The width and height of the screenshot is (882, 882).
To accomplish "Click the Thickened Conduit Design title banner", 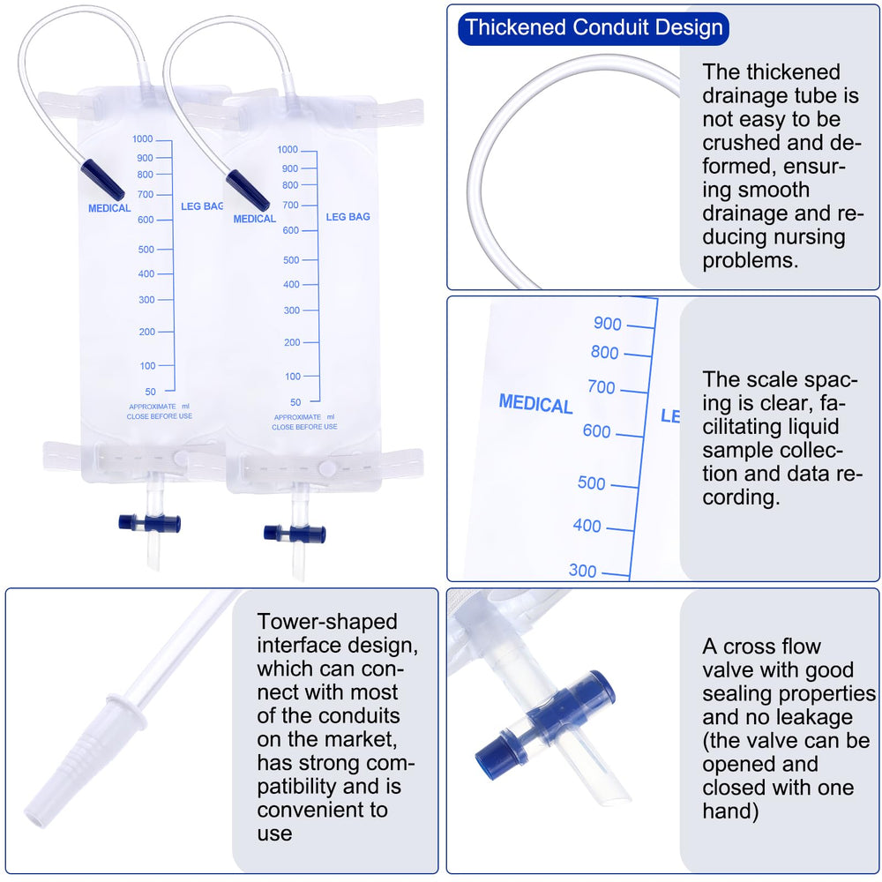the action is click(593, 28).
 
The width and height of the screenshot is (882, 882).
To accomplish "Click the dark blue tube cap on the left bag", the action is click(102, 179).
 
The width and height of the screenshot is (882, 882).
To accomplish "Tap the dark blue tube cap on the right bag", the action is click(248, 191).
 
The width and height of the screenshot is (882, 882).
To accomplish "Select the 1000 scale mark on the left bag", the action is click(142, 139).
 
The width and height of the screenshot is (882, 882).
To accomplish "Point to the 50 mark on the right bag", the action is click(295, 402).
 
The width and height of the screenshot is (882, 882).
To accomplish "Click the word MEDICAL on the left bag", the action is click(109, 208).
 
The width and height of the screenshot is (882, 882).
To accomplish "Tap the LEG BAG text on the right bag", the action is click(348, 217).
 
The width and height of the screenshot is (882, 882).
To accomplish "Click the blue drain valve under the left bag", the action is click(150, 523).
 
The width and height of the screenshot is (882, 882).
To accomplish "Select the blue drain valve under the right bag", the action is click(295, 534).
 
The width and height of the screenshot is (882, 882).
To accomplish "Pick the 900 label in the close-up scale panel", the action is click(608, 324).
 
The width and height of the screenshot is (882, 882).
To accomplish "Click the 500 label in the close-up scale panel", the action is click(591, 483).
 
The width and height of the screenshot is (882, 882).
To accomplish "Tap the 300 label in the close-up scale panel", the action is click(582, 571).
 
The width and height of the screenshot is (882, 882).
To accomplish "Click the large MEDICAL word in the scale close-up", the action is click(535, 404).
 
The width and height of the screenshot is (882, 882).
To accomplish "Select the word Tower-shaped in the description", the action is click(327, 622).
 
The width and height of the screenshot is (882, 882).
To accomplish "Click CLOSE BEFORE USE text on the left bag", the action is click(159, 416).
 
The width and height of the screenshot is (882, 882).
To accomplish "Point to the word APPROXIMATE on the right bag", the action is click(297, 417).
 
